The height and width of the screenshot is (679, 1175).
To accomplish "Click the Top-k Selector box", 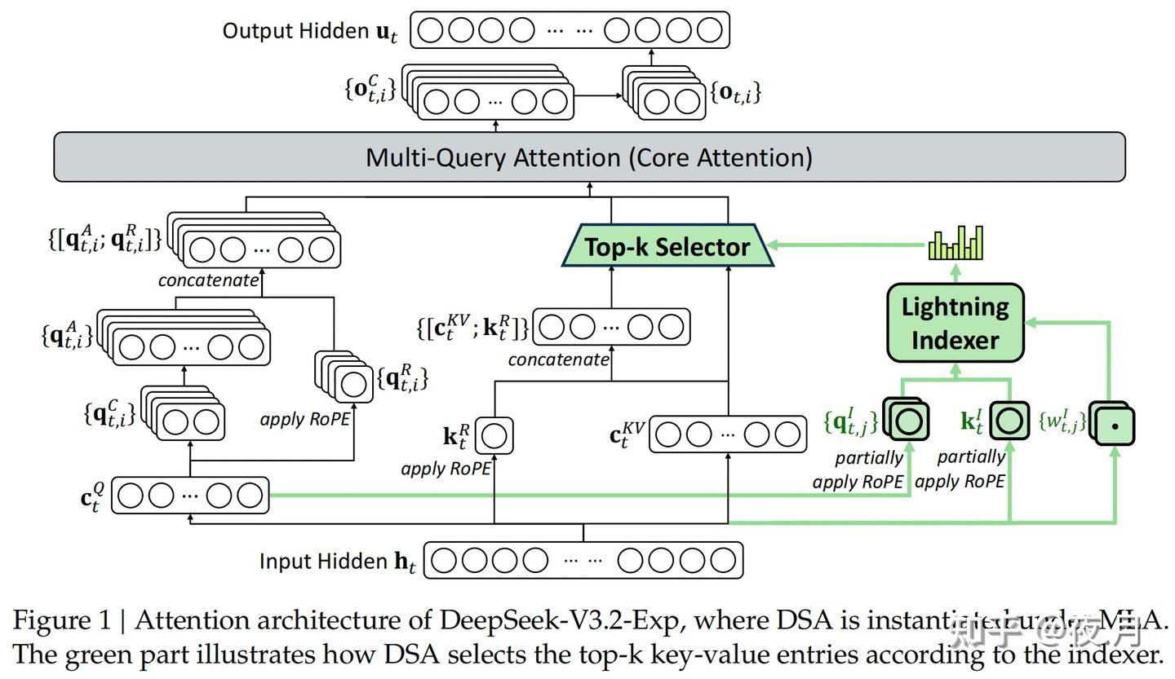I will click(x=667, y=247).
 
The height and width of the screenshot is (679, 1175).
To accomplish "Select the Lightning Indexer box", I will click(x=955, y=323).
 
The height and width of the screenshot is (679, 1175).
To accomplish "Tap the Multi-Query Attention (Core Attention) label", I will click(x=588, y=157).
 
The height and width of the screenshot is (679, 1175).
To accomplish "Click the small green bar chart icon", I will click(x=956, y=243).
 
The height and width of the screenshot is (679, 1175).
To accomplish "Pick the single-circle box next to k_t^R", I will click(x=494, y=436).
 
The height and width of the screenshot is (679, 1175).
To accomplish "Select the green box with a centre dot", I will click(x=1115, y=425).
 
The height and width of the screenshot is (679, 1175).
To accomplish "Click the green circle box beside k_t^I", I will click(x=1009, y=421).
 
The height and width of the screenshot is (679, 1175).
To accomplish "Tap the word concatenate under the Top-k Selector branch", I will click(x=558, y=359).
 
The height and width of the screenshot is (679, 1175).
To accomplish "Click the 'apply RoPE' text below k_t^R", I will click(x=446, y=469).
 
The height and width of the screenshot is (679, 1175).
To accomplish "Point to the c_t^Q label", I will click(x=92, y=496).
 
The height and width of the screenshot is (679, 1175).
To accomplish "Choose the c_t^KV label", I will click(x=627, y=435).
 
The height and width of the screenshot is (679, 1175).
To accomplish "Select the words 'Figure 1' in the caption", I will click(x=60, y=621).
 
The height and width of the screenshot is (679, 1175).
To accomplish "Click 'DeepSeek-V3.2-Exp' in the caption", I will click(x=562, y=621).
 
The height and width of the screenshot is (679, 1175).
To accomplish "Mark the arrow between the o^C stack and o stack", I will click(x=597, y=95).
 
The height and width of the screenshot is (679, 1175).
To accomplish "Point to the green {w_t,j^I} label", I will click(x=1062, y=421).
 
